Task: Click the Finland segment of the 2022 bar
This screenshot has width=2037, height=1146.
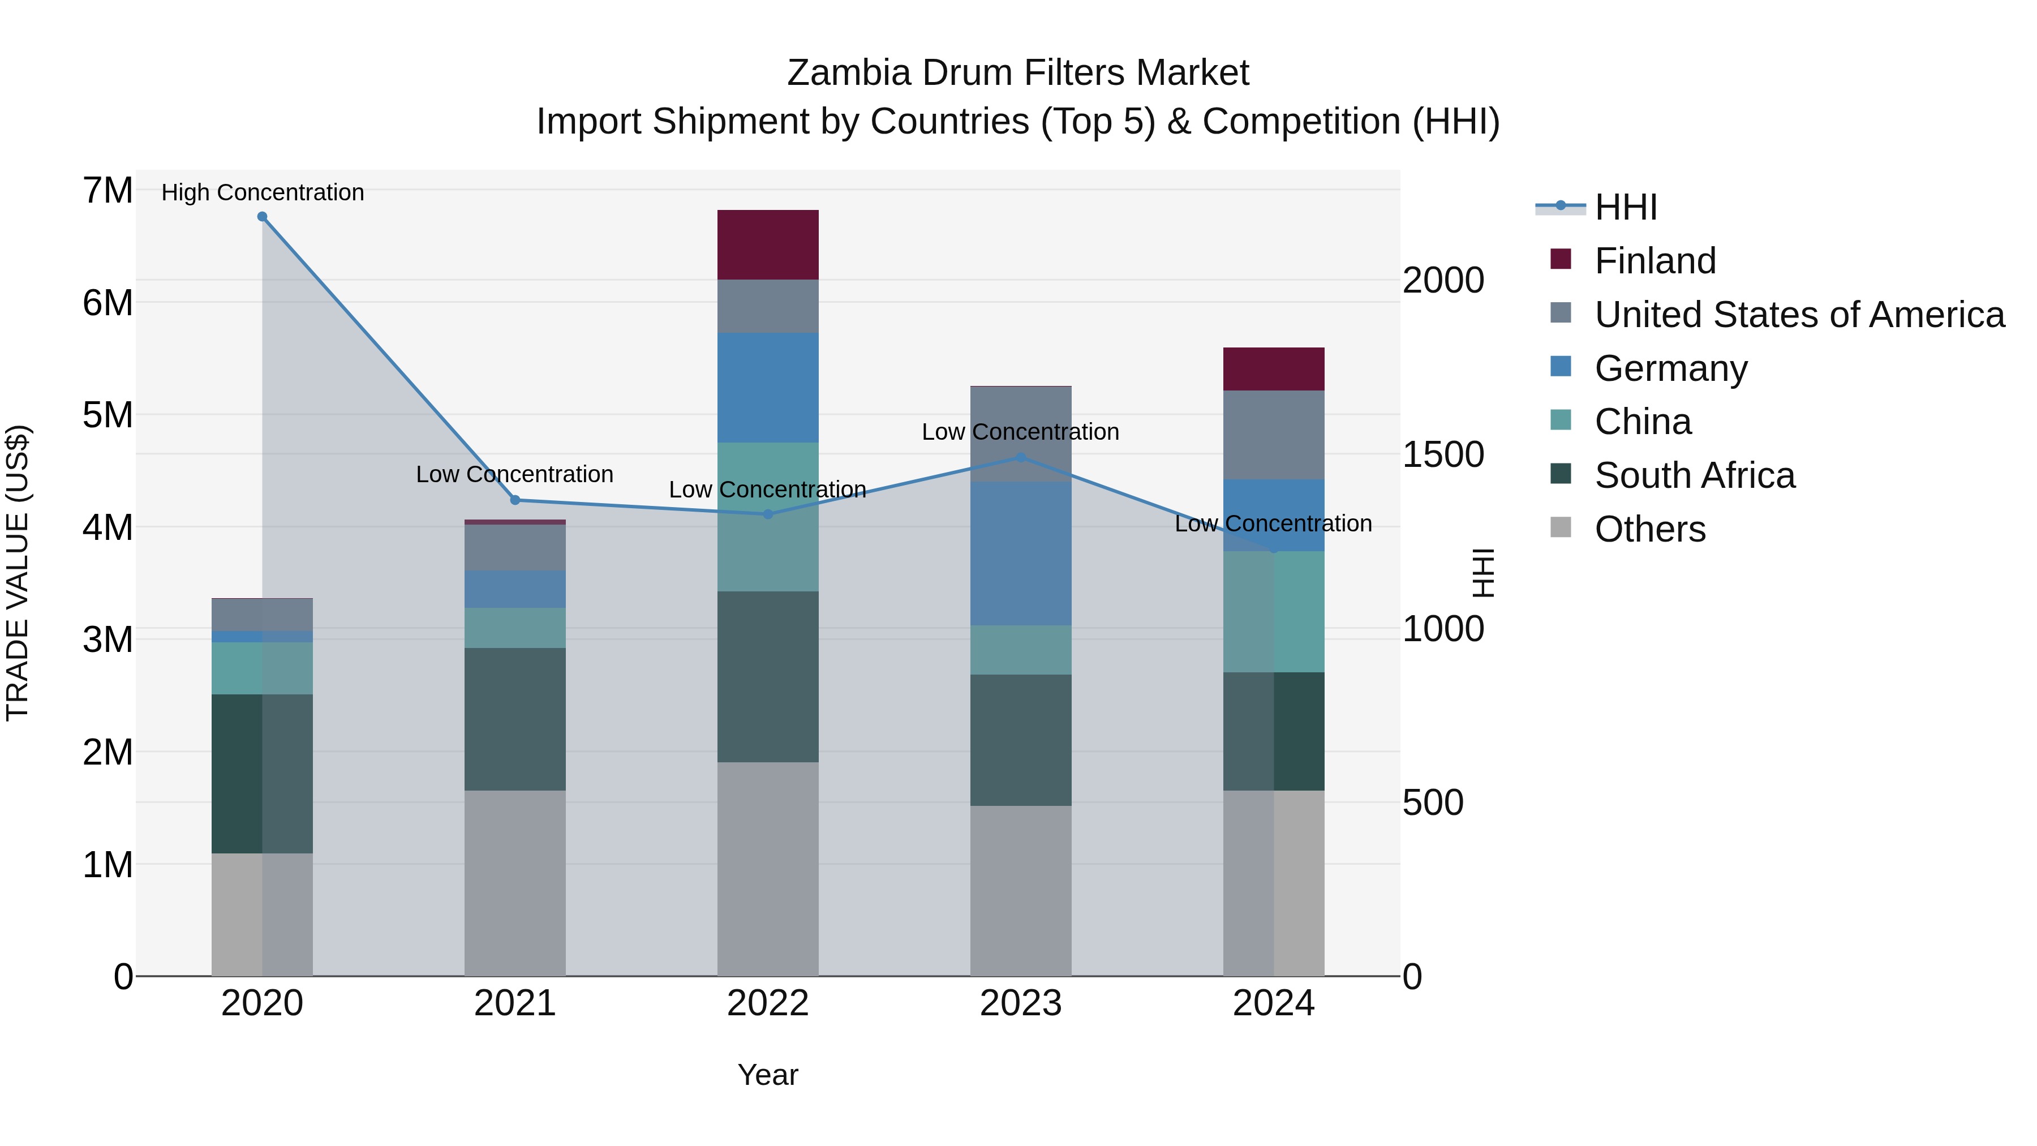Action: [767, 244]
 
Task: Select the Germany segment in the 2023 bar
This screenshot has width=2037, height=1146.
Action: [1020, 553]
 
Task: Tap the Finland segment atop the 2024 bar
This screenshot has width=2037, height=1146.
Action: [1273, 368]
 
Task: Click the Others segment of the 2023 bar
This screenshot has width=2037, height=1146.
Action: [1020, 891]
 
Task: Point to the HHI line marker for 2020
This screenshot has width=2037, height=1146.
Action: [263, 217]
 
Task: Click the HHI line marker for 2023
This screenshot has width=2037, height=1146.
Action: [1020, 457]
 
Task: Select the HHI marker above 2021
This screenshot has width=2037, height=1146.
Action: [515, 500]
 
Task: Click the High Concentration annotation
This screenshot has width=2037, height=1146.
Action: [263, 192]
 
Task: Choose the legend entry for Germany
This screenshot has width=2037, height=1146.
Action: [1670, 368]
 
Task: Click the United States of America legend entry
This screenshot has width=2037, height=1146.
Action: [1799, 315]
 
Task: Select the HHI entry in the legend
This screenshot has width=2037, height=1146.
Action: [1625, 207]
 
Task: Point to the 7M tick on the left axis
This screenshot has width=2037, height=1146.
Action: [108, 191]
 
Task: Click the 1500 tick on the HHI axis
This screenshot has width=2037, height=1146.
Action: [1442, 455]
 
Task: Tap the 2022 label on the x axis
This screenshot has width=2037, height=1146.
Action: [767, 1003]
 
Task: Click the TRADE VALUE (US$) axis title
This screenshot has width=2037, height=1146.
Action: [18, 573]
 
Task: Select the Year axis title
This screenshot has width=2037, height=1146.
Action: [767, 1075]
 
